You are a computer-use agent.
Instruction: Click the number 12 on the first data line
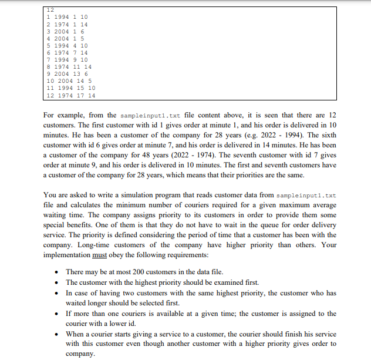pyautogui.click(x=49, y=10)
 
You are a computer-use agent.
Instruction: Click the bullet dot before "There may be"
pyautogui.click(x=55, y=272)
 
